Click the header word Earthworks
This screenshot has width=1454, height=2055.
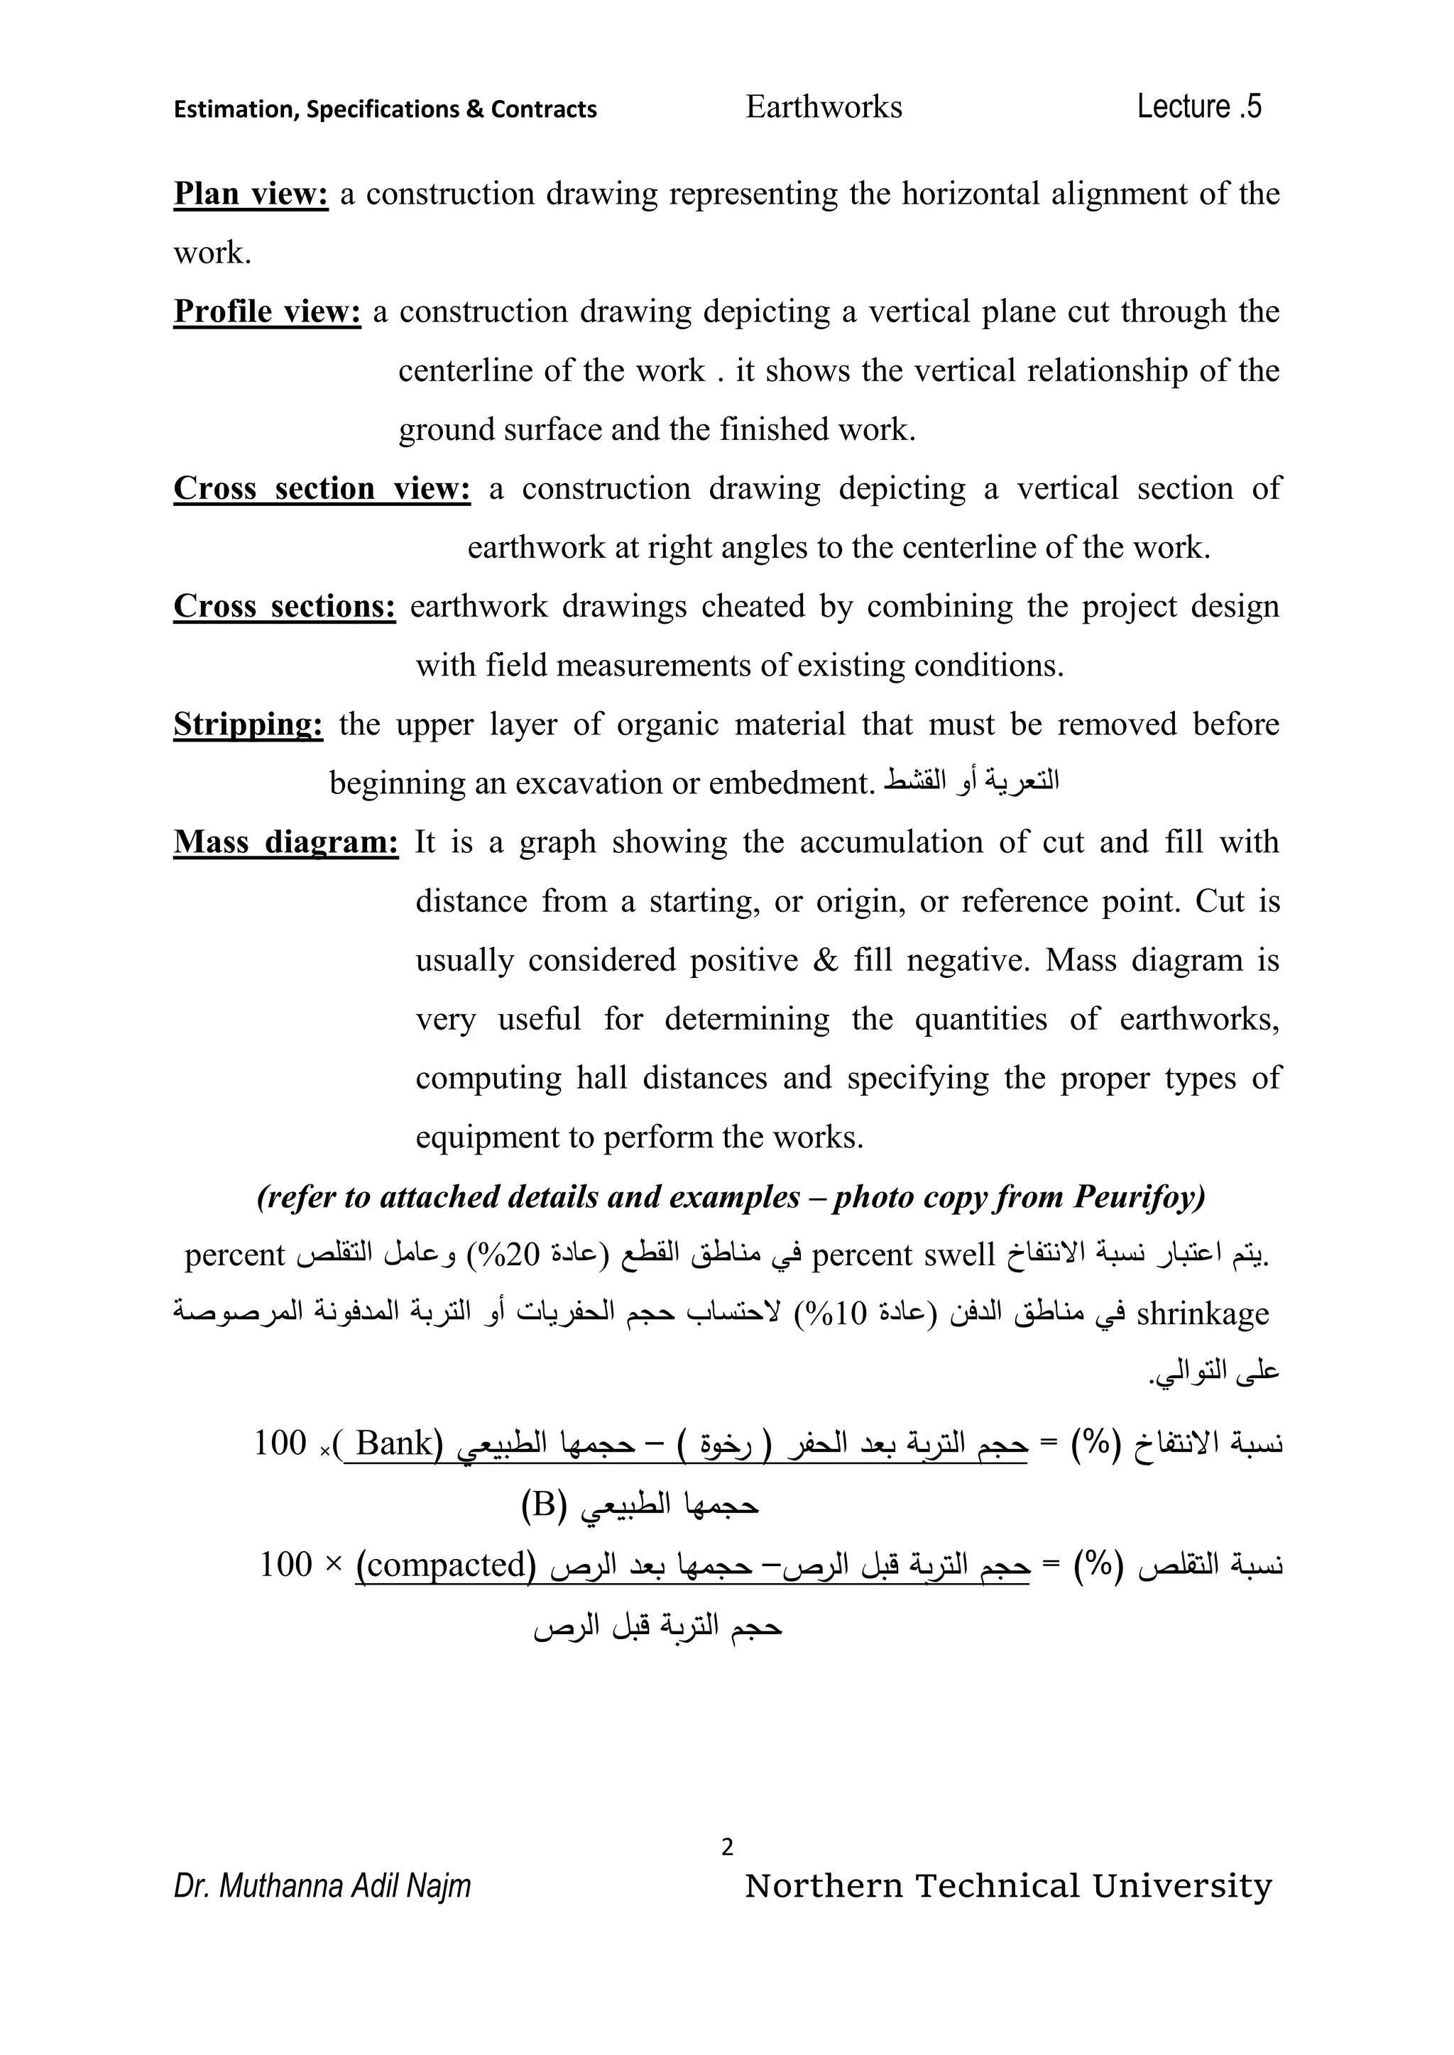tap(823, 107)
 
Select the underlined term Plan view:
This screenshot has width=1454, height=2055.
tap(251, 193)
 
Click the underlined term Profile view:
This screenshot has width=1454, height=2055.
tap(267, 312)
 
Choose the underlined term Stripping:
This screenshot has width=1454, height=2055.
tap(248, 724)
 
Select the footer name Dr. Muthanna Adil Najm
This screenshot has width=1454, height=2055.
tap(322, 1886)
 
